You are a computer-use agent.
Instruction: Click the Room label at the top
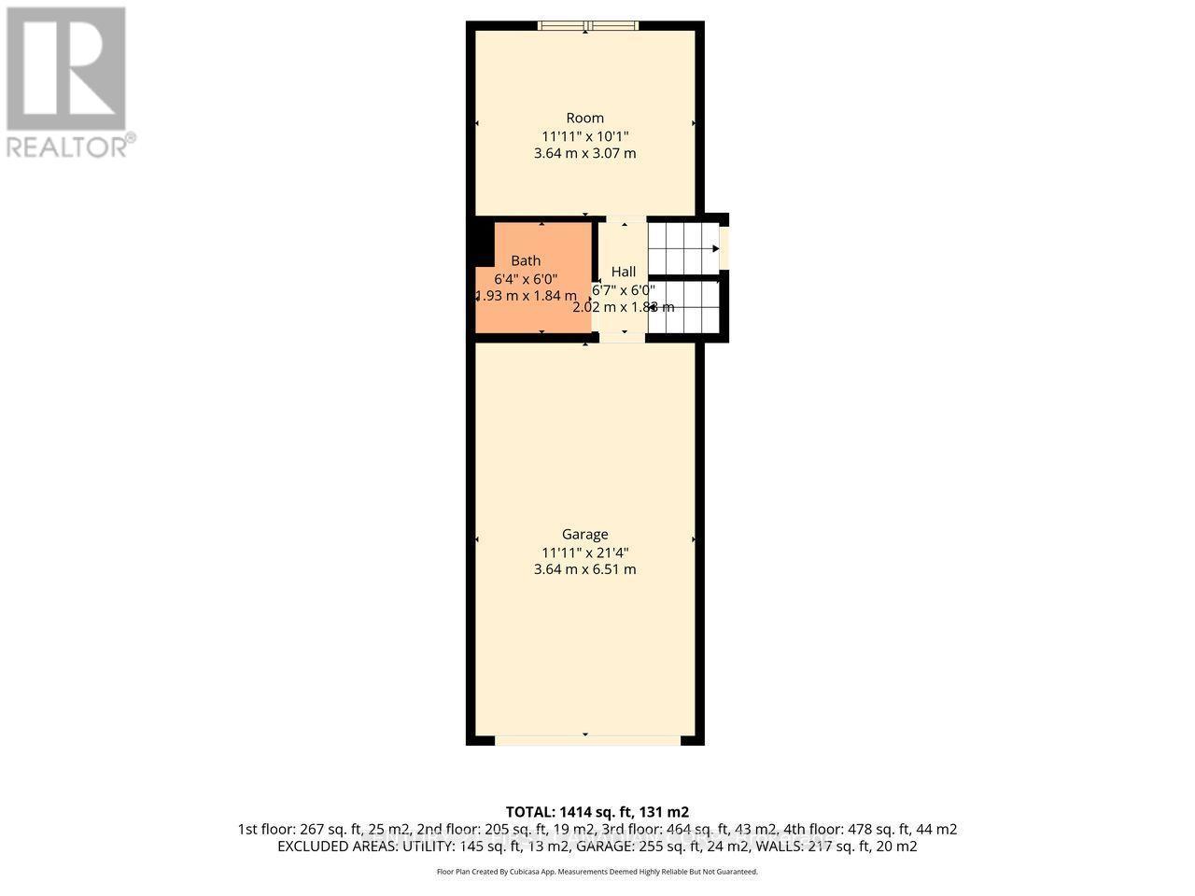(x=584, y=118)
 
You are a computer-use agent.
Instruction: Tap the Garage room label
(x=584, y=534)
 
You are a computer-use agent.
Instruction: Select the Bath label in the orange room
(x=526, y=261)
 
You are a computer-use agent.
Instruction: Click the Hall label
(x=623, y=272)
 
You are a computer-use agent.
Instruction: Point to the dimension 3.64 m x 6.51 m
(x=584, y=569)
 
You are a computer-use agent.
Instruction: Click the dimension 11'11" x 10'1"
(x=584, y=135)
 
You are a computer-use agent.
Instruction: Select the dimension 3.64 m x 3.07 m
(x=584, y=153)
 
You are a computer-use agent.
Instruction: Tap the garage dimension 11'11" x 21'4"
(x=584, y=552)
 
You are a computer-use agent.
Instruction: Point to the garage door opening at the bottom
(x=586, y=740)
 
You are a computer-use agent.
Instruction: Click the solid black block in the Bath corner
(x=481, y=244)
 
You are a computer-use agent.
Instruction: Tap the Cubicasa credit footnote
(x=597, y=872)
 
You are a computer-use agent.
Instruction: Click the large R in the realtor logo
(x=66, y=67)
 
